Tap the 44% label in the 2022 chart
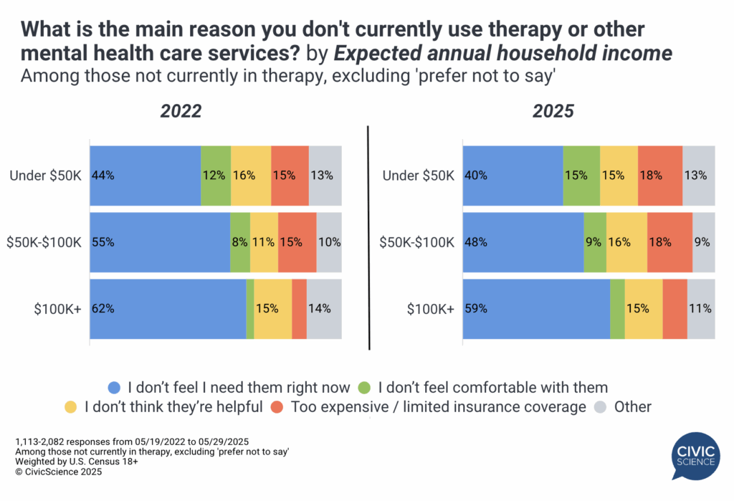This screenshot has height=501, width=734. [103, 175]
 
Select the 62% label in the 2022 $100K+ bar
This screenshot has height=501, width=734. [103, 309]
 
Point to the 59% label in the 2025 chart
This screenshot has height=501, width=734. [476, 309]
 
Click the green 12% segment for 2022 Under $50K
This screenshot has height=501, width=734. [215, 175]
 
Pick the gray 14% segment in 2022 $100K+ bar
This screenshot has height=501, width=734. [324, 309]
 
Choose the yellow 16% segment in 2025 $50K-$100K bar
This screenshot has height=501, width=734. [626, 242]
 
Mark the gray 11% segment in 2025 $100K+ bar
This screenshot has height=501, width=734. [700, 309]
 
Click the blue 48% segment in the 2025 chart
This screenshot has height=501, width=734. [523, 242]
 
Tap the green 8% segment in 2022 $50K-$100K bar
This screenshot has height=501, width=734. [240, 242]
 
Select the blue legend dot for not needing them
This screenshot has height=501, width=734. [114, 388]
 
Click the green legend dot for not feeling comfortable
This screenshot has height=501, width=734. [364, 388]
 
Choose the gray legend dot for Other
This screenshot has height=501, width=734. [602, 407]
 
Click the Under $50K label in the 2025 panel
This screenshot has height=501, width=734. [417, 175]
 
